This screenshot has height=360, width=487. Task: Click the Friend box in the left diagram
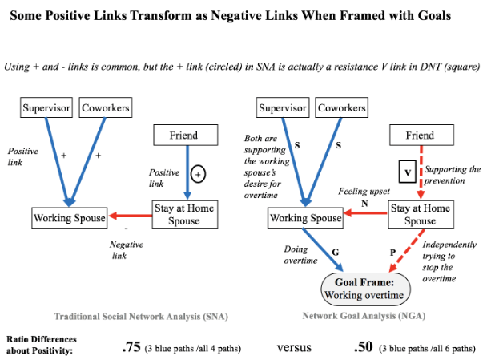point(183,136)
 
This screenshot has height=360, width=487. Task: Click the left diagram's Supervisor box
point(47,107)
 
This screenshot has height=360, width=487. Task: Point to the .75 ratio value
point(131,347)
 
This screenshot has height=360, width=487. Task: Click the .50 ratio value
point(364,347)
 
